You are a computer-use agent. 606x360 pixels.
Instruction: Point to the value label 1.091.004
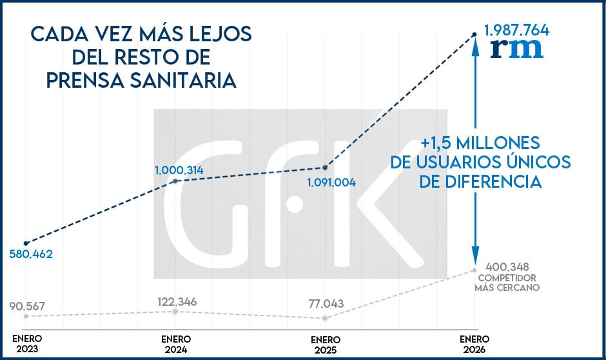pos(331,182)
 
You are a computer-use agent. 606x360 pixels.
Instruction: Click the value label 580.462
pos(31,254)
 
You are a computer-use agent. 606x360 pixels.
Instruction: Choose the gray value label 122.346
pos(177,301)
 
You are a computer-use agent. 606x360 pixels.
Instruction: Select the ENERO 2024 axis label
pos(176,344)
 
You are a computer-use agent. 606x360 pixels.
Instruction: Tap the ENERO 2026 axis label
pos(474,344)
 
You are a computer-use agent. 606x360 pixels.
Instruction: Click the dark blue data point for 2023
pos(26,243)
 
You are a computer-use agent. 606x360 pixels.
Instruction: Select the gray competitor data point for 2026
pos(474,270)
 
